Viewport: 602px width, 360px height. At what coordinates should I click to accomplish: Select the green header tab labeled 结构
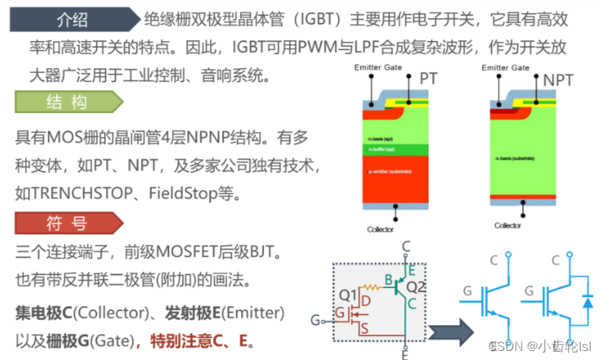67,102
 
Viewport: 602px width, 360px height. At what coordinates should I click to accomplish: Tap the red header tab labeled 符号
67,224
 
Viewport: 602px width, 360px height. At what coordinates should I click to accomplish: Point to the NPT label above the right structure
558,79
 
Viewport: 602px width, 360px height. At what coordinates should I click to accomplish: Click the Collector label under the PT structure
380,229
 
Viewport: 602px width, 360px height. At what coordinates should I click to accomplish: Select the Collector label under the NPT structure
507,225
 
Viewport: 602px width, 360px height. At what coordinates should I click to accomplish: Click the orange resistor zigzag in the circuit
373,288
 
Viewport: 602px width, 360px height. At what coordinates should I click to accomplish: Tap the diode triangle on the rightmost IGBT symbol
588,302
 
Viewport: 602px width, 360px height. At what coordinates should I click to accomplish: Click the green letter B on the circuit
388,282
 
